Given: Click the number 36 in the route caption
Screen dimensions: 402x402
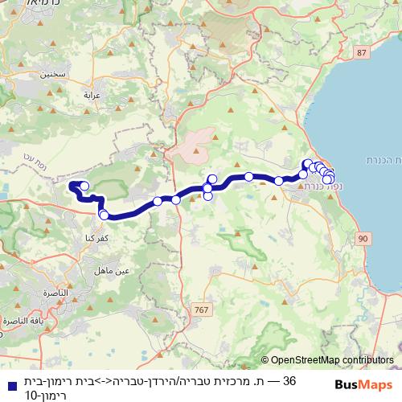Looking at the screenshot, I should point(290,380).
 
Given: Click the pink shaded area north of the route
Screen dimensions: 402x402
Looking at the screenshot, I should point(196,144).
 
